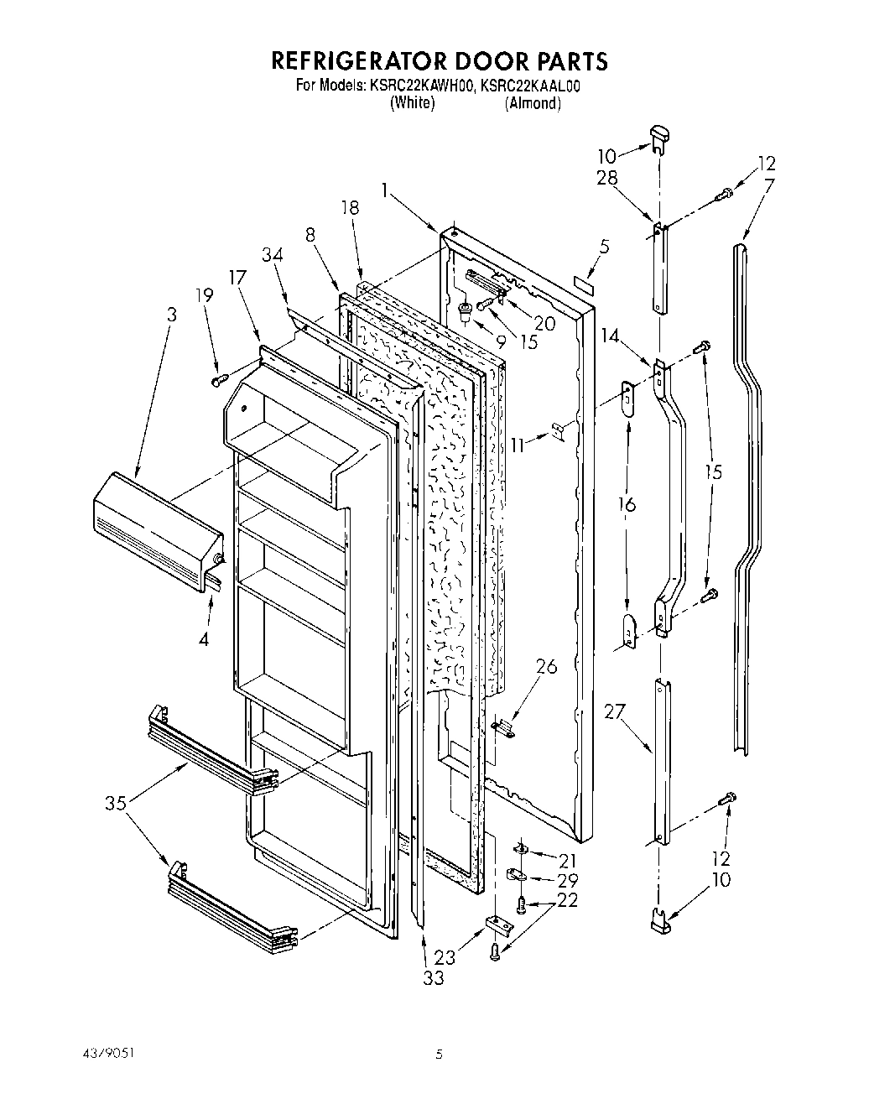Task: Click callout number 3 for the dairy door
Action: tap(171, 315)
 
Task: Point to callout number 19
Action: tap(204, 295)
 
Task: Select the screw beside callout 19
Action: tap(221, 381)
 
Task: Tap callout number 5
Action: tap(605, 247)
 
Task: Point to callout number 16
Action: tap(627, 504)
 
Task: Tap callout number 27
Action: tap(614, 712)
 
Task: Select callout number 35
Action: tap(117, 803)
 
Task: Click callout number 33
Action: tap(433, 977)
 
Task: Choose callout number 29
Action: tap(568, 880)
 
